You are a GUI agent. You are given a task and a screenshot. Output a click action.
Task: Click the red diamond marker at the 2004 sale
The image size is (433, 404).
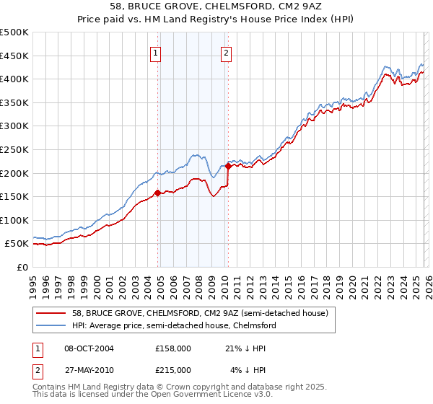157,193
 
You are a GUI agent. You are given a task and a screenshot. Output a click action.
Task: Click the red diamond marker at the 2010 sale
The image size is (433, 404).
229,166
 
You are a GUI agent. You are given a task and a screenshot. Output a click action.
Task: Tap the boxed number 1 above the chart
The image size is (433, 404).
156,52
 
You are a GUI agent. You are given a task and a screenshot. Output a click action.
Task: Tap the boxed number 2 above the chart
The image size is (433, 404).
227,52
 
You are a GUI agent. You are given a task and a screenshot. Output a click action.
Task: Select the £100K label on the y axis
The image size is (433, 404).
14,220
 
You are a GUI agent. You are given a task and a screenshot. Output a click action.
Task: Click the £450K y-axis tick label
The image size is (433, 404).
14,56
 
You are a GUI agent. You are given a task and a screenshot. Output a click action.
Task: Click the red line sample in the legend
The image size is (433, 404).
51,313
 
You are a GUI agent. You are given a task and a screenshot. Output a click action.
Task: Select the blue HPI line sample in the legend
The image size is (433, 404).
51,325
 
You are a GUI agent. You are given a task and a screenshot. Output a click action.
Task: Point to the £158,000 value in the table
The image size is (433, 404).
172,348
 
